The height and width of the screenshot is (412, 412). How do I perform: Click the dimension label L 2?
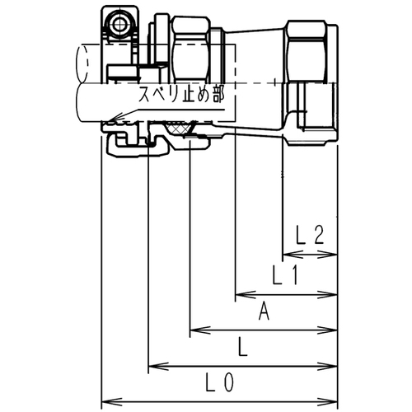[x=311, y=235]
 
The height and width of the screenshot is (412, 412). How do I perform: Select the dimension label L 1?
[x=285, y=274]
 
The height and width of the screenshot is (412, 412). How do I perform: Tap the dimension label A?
[x=264, y=311]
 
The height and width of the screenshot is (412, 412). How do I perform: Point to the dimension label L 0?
[x=220, y=382]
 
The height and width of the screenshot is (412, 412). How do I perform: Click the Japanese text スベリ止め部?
[x=181, y=95]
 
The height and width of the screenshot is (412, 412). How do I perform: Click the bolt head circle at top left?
[x=119, y=26]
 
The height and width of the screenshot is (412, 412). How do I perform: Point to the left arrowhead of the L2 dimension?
[x=293, y=255]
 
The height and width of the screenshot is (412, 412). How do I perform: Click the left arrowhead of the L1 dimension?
[x=246, y=294]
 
